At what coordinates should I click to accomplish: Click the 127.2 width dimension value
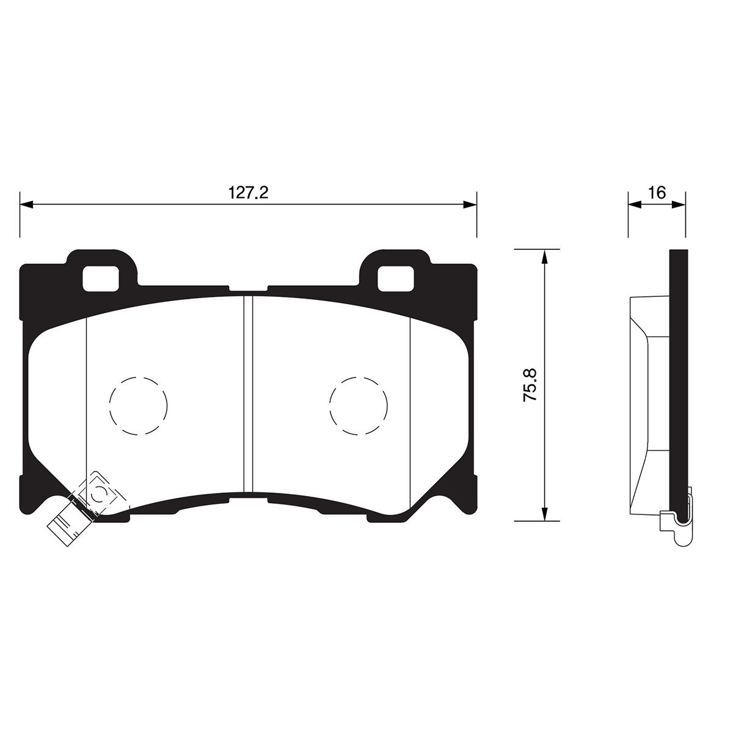point(248,192)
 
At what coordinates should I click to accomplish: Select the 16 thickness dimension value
point(657,192)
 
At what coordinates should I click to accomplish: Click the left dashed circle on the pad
point(138,406)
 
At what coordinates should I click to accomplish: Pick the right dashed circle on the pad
point(359,406)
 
